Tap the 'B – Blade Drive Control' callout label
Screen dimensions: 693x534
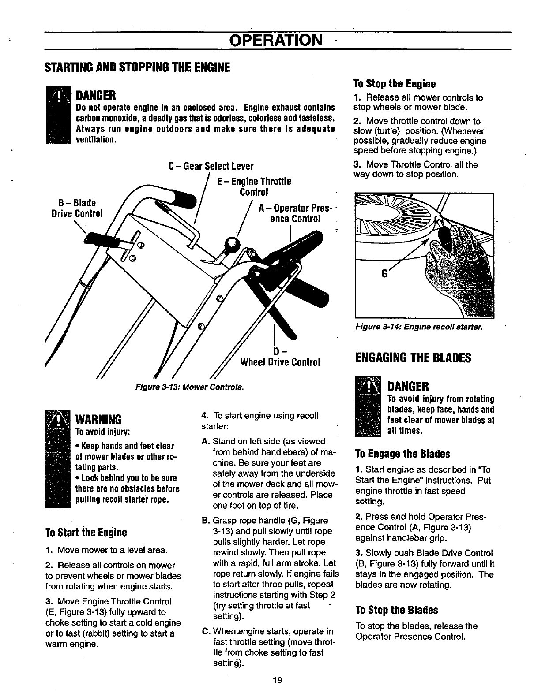77,208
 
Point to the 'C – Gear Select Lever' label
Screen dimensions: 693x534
211,167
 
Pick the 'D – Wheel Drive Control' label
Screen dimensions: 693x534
280,357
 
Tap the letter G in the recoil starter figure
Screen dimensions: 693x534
384,274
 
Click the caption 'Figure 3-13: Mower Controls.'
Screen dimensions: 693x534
189,387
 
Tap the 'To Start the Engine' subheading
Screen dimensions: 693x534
86,532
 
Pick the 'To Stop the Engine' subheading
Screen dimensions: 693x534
395,84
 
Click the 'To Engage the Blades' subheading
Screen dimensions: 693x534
402,454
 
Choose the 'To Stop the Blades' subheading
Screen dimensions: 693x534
396,610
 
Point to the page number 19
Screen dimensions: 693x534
277,680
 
